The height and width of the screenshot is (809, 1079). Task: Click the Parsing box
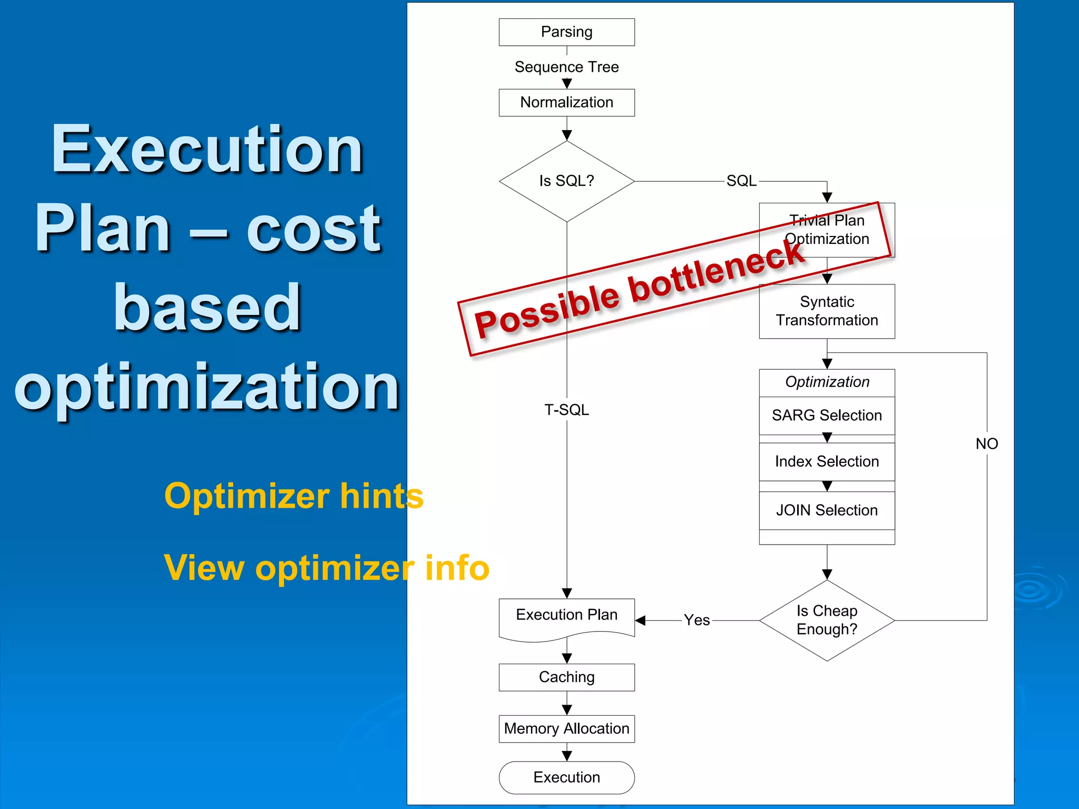click(566, 32)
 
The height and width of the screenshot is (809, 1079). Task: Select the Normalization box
click(566, 102)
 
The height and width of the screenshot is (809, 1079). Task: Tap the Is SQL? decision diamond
click(566, 181)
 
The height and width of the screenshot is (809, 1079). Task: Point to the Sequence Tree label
click(566, 67)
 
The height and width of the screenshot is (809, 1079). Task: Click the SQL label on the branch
click(741, 181)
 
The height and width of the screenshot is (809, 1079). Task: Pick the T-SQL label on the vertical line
click(566, 410)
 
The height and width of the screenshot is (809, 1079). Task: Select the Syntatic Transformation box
click(827, 311)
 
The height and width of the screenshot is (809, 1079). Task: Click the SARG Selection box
click(827, 416)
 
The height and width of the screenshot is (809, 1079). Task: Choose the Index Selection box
click(827, 462)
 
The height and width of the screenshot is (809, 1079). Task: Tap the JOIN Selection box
click(827, 510)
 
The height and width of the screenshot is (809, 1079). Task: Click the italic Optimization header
click(827, 382)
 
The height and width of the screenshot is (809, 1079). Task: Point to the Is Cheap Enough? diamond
click(827, 620)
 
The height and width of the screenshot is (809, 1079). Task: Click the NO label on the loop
click(986, 444)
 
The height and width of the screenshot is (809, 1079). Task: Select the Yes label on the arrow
click(697, 620)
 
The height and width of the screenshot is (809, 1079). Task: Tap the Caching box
click(566, 677)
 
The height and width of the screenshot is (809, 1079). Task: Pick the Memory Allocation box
click(566, 729)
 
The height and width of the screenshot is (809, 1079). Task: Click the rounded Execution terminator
click(566, 777)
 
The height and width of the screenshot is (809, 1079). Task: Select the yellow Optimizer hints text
click(294, 496)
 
